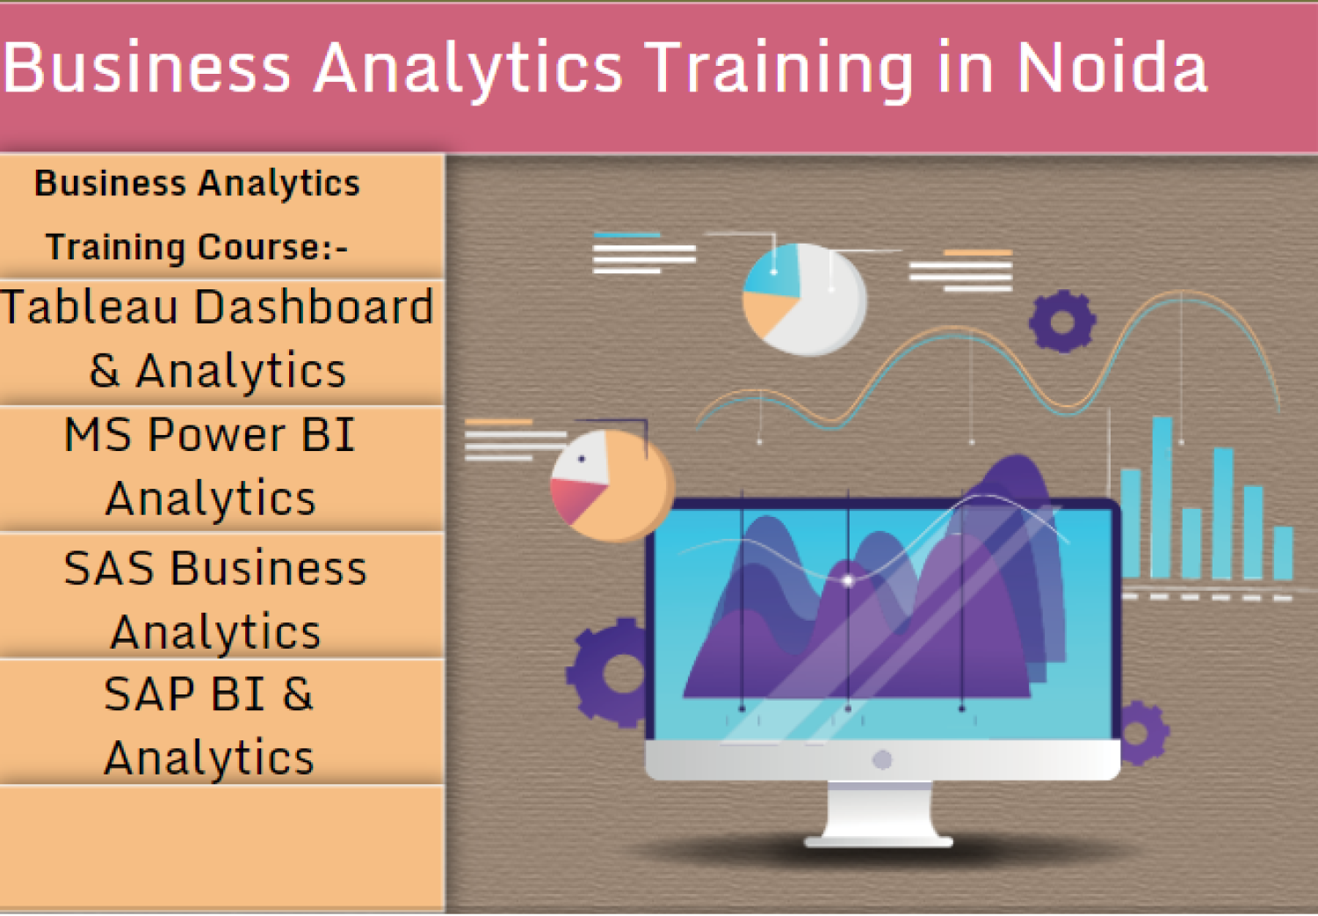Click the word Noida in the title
pyautogui.click(x=1112, y=69)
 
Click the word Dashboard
pyautogui.click(x=314, y=308)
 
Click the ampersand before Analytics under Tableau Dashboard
pyautogui.click(x=105, y=371)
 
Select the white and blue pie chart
pyautogui.click(x=804, y=300)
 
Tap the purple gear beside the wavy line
pyautogui.click(x=1062, y=322)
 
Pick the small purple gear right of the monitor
pyautogui.click(x=1141, y=732)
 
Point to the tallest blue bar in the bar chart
pyautogui.click(x=1162, y=497)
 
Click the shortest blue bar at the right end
pyautogui.click(x=1283, y=553)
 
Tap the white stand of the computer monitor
pyautogui.click(x=880, y=813)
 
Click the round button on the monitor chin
pyautogui.click(x=882, y=760)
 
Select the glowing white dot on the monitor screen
pyautogui.click(x=848, y=580)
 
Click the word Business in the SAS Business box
pyautogui.click(x=268, y=569)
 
